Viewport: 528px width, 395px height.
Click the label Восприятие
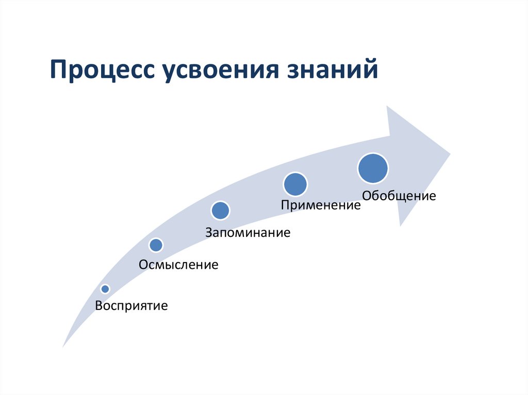[x=131, y=306]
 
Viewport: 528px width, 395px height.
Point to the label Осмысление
[x=178, y=265]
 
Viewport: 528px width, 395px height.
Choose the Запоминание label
[x=248, y=232]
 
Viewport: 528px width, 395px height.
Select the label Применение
[x=320, y=205]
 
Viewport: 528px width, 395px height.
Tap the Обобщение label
[x=399, y=196]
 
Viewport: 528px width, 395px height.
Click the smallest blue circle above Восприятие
[x=105, y=289]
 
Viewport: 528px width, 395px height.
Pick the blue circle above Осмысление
[x=156, y=245]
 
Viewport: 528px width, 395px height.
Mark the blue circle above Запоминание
[x=220, y=210]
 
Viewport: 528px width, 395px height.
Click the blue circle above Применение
[x=295, y=184]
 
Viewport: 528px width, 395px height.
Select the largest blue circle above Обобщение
[x=373, y=168]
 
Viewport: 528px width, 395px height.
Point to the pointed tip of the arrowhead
[x=450, y=153]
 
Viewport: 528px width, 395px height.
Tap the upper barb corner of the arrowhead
[x=388, y=107]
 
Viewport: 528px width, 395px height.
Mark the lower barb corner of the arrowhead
[x=401, y=225]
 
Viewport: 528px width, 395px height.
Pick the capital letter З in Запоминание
[x=209, y=232]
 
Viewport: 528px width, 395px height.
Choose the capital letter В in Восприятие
[x=98, y=306]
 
